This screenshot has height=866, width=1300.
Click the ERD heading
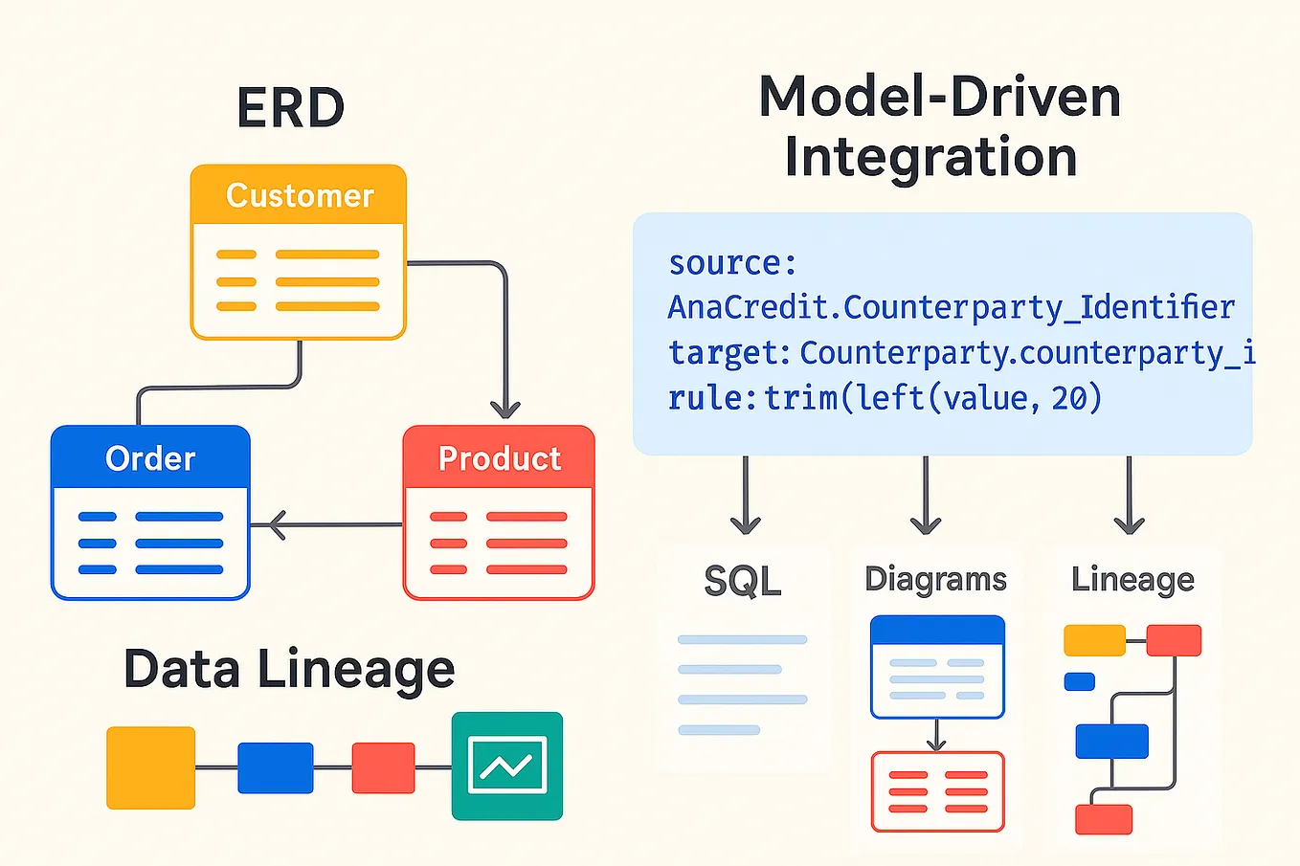(x=290, y=108)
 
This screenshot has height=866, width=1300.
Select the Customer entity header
(x=299, y=195)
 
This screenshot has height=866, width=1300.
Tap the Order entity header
(x=150, y=458)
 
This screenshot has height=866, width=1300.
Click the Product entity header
(x=499, y=458)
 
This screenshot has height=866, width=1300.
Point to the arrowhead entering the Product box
(x=505, y=408)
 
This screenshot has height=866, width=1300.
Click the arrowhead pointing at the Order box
(x=276, y=524)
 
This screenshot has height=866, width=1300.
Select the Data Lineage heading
(x=289, y=669)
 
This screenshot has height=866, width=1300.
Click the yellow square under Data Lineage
(x=150, y=767)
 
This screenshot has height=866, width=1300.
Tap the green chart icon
(x=506, y=766)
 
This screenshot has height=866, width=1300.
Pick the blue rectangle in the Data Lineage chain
(x=275, y=767)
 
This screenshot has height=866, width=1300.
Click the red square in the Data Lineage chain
(x=383, y=767)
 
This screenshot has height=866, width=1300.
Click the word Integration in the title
(x=930, y=158)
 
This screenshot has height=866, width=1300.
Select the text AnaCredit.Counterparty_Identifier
(x=951, y=307)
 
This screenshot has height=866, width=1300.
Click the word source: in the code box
(x=732, y=262)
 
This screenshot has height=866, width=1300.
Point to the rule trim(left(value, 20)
(x=932, y=397)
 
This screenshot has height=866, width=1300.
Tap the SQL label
(x=743, y=581)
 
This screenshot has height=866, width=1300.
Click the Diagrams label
(x=935, y=579)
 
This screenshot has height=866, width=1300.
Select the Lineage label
(x=1132, y=579)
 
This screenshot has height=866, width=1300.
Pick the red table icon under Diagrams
(x=937, y=791)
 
